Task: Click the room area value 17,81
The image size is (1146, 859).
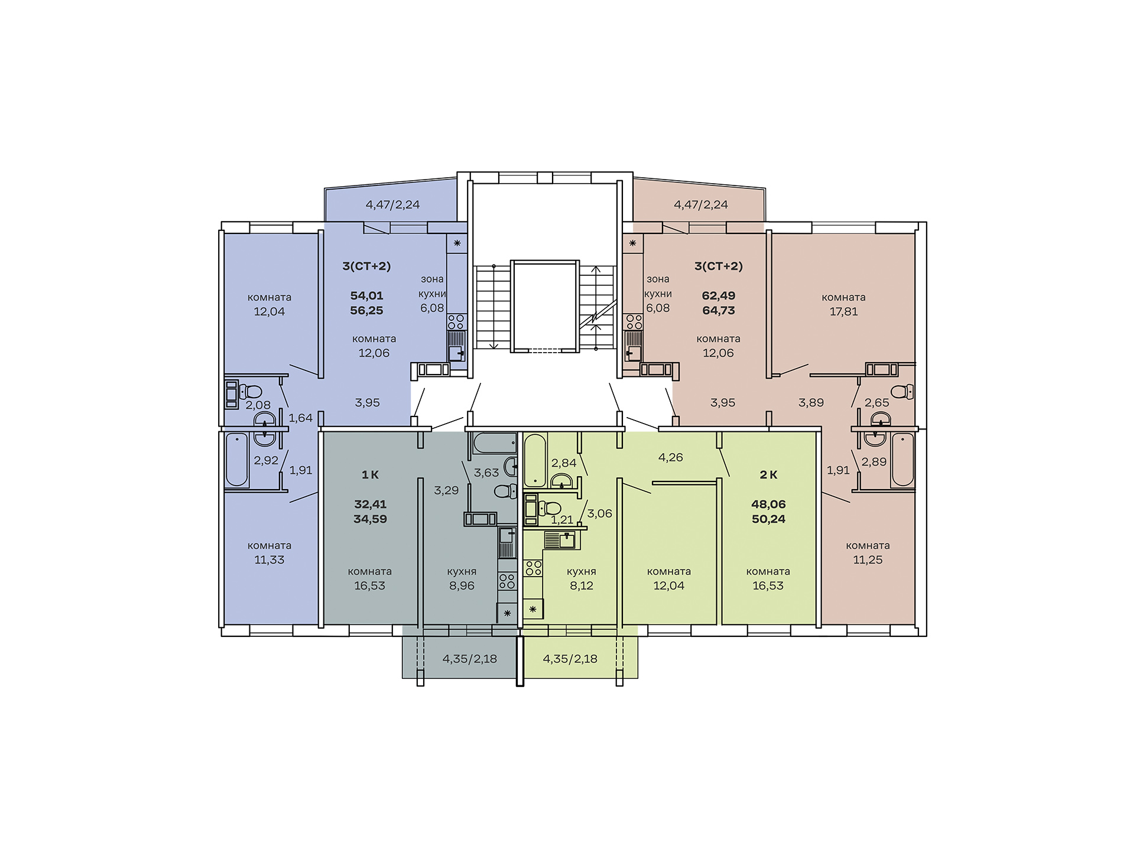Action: pos(843,311)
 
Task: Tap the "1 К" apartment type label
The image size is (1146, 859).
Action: pos(370,474)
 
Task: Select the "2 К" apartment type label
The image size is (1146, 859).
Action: pos(768,474)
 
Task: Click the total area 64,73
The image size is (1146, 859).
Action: pos(719,310)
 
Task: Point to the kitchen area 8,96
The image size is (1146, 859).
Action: pos(462,585)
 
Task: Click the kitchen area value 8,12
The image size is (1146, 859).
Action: pos(582,585)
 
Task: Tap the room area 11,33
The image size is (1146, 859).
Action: pos(270,559)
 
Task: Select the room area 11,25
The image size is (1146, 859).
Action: pos(868,559)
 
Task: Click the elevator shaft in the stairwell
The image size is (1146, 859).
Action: pos(544,306)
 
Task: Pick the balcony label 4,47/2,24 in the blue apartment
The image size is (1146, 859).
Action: pos(392,204)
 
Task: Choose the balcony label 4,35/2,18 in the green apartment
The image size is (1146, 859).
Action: pos(570,658)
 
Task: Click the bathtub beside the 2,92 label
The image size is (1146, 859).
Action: pos(237,460)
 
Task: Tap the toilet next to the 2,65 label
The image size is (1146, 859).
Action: pos(902,391)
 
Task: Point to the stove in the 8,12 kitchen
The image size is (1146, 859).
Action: pos(534,568)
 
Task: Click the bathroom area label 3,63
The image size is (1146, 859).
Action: pos(486,473)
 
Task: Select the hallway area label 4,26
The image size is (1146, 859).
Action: pos(671,457)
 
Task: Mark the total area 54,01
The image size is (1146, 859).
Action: pos(366,295)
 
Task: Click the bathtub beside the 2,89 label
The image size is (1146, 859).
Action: pos(902,460)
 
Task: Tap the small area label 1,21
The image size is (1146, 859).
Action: pos(562,520)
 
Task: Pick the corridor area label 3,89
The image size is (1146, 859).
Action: pos(811,402)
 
